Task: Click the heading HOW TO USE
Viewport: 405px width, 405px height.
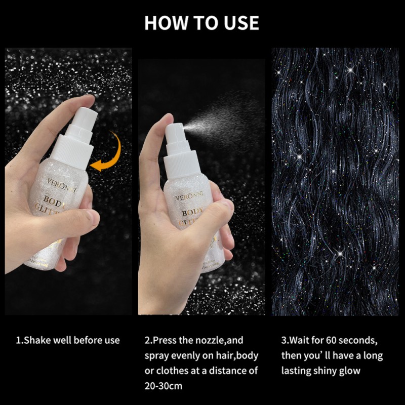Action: tap(201, 23)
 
